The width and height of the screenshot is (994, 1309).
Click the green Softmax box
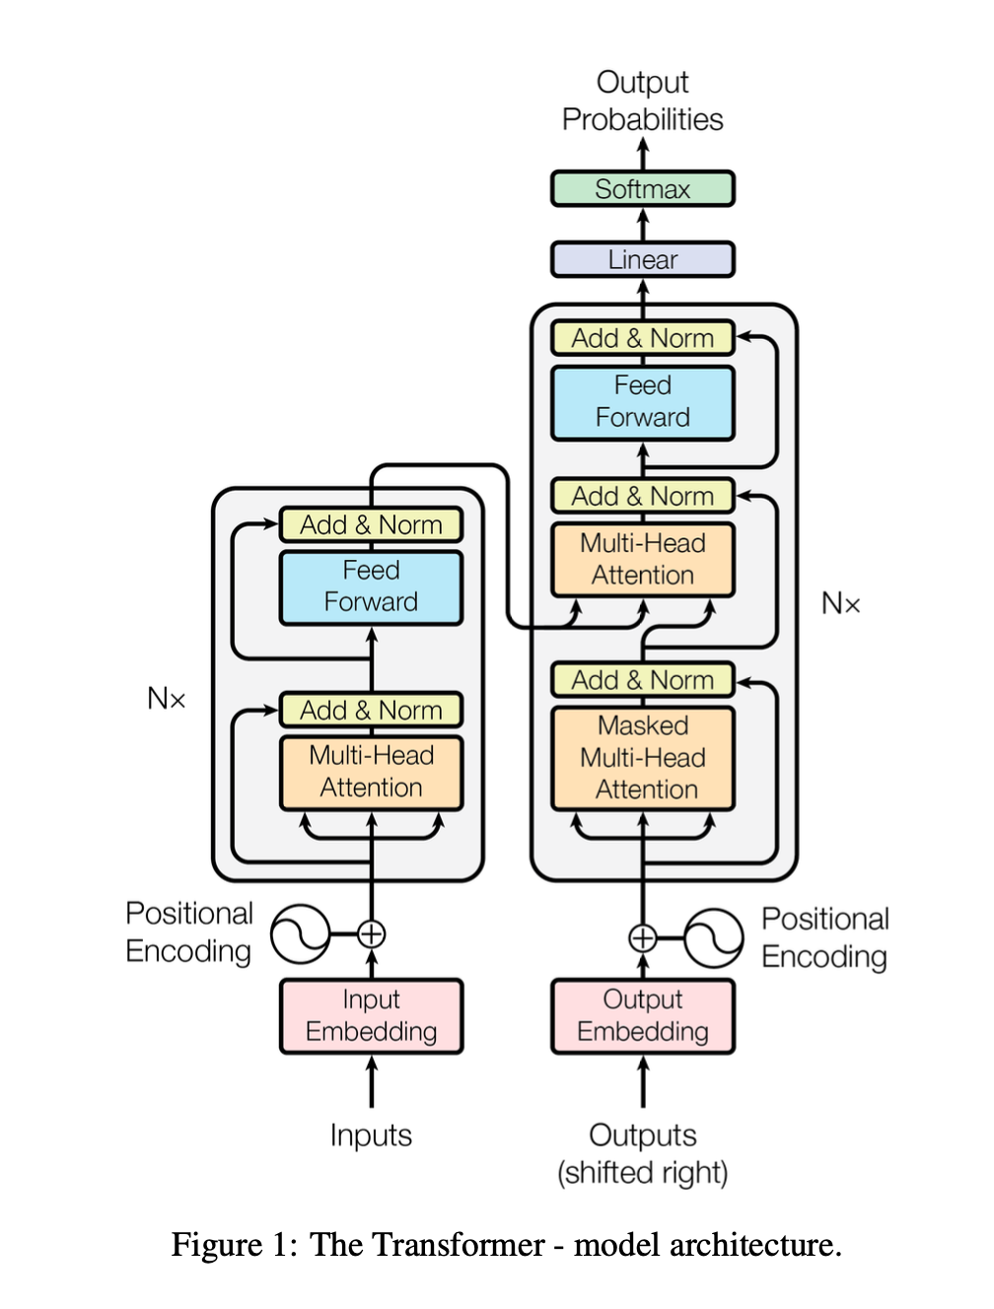pyautogui.click(x=642, y=188)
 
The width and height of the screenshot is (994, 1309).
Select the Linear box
pyautogui.click(x=642, y=259)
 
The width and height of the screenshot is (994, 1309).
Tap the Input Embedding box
pyautogui.click(x=371, y=1015)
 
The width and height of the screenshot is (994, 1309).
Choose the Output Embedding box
pyautogui.click(x=642, y=1015)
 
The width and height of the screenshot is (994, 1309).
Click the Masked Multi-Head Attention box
pyautogui.click(x=642, y=757)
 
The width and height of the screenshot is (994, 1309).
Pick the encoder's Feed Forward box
pyautogui.click(x=371, y=586)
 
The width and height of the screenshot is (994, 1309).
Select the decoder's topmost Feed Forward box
pyautogui.click(x=642, y=401)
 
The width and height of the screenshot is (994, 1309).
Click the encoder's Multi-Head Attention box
pyautogui.click(x=371, y=772)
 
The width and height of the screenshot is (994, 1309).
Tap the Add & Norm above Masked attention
pyautogui.click(x=642, y=680)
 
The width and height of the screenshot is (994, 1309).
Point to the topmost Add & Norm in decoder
pyautogui.click(x=642, y=338)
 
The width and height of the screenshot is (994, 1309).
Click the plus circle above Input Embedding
pyautogui.click(x=371, y=933)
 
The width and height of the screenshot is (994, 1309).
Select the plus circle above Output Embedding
pyautogui.click(x=642, y=937)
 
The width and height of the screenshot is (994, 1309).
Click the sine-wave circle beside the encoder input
pyautogui.click(x=300, y=933)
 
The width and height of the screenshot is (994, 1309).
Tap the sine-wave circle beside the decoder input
pyautogui.click(x=713, y=937)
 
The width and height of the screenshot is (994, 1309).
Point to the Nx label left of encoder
pyautogui.click(x=166, y=699)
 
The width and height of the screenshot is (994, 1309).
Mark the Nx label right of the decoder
pyautogui.click(x=840, y=603)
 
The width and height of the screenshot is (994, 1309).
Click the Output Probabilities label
pyautogui.click(x=642, y=101)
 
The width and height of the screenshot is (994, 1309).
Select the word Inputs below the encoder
pyautogui.click(x=371, y=1136)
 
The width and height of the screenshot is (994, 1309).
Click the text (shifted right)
pyautogui.click(x=642, y=1173)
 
